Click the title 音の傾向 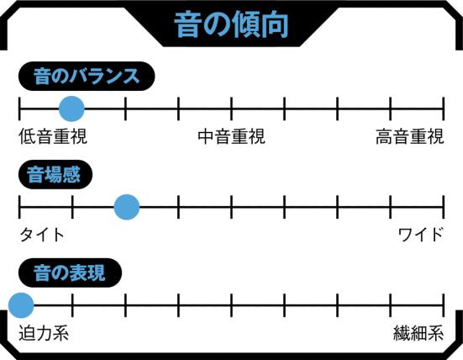point(231,25)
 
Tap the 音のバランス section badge point(87,77)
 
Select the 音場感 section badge point(55,174)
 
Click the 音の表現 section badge point(70,273)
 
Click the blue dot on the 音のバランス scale point(71,109)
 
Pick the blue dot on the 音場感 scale point(127,207)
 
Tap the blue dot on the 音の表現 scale point(21,305)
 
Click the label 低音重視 point(53,136)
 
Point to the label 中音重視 point(232,136)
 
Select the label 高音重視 point(410,136)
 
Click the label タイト point(42,235)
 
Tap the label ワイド point(421,235)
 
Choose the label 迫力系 point(44,333)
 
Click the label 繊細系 point(418,333)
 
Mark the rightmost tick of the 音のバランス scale point(443,109)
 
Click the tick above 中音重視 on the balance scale point(231,109)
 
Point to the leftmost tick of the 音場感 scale point(19,207)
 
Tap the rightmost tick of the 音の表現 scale point(443,305)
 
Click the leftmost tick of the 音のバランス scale point(19,109)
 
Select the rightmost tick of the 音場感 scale point(443,207)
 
